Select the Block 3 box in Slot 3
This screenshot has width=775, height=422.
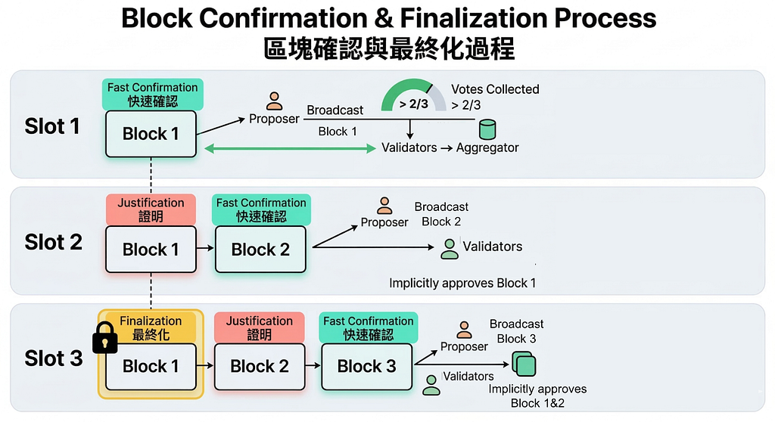tap(366, 366)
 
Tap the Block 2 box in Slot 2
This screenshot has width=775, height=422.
tap(260, 250)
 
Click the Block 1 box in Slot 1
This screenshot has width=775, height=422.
tap(151, 134)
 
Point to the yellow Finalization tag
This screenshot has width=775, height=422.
tap(151, 327)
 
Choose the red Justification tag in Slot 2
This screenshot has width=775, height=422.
tap(151, 209)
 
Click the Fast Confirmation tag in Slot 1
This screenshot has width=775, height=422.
tap(152, 94)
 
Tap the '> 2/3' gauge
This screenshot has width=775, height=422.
tap(413, 101)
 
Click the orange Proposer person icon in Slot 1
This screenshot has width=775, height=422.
tap(274, 101)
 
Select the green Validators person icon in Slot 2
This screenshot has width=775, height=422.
tap(450, 249)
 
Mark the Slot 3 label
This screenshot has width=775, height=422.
tap(54, 358)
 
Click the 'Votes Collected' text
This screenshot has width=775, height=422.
tap(495, 89)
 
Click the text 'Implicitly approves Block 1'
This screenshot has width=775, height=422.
tap(462, 284)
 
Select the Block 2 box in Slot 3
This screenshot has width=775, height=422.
tap(260, 366)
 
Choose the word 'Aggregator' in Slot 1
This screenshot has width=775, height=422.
tap(487, 147)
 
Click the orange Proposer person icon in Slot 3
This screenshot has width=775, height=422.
tap(464, 330)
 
